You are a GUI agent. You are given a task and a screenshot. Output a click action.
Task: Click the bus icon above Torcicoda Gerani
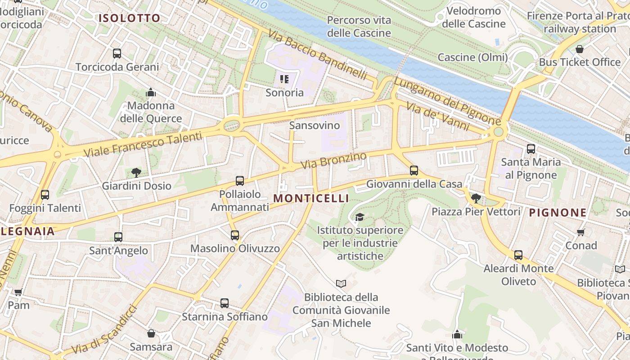tap(117, 54)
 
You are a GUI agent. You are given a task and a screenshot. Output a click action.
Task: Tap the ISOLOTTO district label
tap(129, 18)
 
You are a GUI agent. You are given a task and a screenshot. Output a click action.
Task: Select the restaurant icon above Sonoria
tap(284, 80)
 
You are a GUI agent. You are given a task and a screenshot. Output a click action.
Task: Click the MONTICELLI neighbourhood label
tap(311, 198)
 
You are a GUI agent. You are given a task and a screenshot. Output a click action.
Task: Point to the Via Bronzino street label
tap(333, 161)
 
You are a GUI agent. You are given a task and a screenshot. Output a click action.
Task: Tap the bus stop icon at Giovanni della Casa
tap(414, 171)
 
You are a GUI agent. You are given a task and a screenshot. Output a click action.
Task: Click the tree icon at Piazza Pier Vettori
tap(476, 198)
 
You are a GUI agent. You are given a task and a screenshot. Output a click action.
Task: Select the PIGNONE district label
tap(558, 213)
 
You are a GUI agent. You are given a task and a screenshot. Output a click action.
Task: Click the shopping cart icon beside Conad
tap(581, 232)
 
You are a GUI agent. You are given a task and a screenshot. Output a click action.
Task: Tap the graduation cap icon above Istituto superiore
tap(359, 217)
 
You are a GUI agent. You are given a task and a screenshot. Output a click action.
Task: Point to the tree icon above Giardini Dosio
tap(136, 172)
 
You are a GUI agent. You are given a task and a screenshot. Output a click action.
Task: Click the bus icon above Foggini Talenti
tap(45, 195)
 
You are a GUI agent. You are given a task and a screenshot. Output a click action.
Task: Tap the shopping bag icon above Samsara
tap(151, 333)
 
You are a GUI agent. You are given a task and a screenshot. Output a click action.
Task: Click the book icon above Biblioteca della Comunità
tap(341, 283)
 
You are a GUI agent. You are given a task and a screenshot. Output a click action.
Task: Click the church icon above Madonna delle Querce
tap(151, 93)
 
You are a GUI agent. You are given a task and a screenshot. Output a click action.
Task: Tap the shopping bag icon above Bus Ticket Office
tap(580, 49)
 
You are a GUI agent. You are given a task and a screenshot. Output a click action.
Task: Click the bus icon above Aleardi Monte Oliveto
tap(518, 255)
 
